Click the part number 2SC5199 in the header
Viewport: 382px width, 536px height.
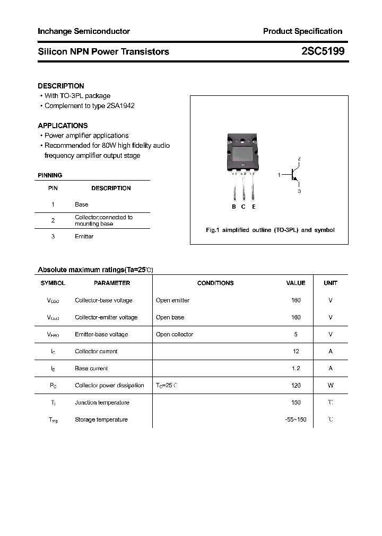(x=323, y=51)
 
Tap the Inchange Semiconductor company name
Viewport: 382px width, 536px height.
(x=84, y=31)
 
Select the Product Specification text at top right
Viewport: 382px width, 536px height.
(x=302, y=31)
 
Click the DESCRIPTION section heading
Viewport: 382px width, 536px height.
(x=61, y=86)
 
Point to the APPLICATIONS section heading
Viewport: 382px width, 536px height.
(x=63, y=126)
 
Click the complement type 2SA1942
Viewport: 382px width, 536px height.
(x=120, y=106)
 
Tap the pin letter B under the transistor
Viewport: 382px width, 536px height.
(x=233, y=207)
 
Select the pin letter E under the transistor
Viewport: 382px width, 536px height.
(x=254, y=207)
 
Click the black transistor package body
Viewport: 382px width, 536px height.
(x=243, y=154)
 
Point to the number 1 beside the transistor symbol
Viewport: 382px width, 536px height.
(x=279, y=174)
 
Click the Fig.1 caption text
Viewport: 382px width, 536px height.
(x=270, y=230)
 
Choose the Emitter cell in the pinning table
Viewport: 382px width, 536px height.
(x=84, y=237)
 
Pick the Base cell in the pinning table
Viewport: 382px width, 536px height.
(x=82, y=204)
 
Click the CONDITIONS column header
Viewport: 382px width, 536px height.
(x=215, y=283)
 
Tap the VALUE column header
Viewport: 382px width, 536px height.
(x=296, y=283)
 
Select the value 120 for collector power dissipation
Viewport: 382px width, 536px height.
(x=296, y=386)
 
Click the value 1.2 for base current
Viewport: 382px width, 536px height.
(x=296, y=369)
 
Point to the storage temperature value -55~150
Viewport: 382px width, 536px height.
(x=296, y=420)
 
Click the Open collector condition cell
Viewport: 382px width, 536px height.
(x=175, y=335)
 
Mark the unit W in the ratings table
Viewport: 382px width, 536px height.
(x=331, y=386)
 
